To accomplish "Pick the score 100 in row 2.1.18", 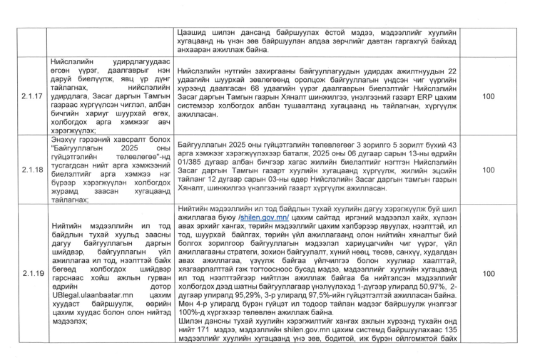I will [x=488, y=171].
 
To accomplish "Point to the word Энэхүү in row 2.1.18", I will [x=65, y=123].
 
